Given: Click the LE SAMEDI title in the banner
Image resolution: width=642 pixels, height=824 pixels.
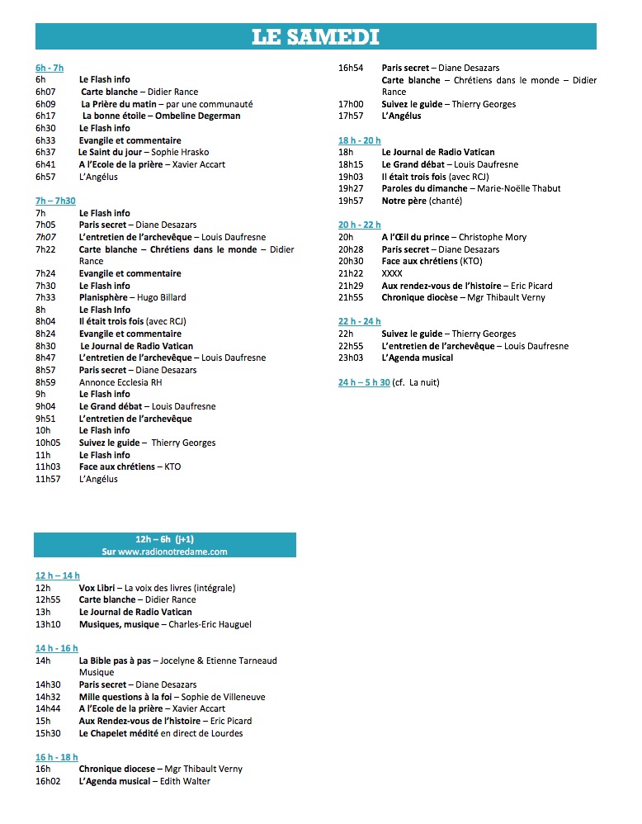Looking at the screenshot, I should (315, 36).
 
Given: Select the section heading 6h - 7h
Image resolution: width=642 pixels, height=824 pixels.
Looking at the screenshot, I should (50, 68).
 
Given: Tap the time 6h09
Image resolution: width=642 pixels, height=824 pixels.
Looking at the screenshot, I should (45, 104).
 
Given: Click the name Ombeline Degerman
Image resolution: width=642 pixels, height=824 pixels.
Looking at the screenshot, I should (204, 116).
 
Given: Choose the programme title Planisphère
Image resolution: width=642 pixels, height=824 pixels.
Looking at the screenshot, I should (104, 297).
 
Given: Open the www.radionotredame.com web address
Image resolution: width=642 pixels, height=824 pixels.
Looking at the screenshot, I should (164, 552).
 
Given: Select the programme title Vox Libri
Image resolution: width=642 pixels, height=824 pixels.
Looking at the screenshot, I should (97, 588).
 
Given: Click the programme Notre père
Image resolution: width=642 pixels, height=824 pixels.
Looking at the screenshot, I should (404, 201).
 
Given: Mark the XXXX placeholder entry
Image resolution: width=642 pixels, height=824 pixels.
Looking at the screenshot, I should (392, 273).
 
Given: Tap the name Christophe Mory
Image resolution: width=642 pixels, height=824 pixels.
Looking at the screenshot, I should (492, 237).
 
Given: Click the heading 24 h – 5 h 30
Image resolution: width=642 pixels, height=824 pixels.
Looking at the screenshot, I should (364, 382).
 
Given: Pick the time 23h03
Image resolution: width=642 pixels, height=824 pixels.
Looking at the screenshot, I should (351, 358).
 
